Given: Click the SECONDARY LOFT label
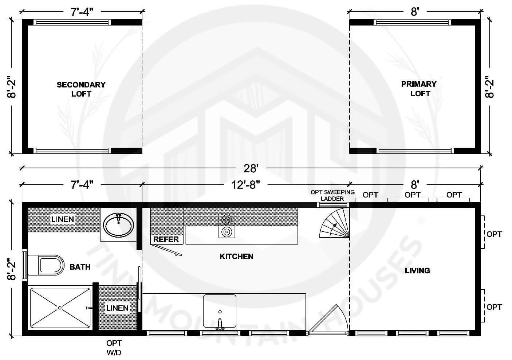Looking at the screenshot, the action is click(x=81, y=89).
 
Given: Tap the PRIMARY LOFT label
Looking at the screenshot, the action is click(x=419, y=89).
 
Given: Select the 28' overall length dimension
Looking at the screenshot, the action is click(x=251, y=169).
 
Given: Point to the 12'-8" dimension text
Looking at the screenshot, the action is click(x=246, y=185).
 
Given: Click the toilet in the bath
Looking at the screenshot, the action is click(x=46, y=265).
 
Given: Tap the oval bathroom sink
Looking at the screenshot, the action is click(x=118, y=226).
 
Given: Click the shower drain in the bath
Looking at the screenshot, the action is click(x=60, y=308).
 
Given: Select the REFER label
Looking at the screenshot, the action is click(x=166, y=239).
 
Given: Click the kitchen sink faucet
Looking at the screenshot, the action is click(x=220, y=324).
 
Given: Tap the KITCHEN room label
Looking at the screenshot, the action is click(x=236, y=257).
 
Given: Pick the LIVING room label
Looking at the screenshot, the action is click(x=417, y=271).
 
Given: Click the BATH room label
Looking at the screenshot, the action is click(x=80, y=267).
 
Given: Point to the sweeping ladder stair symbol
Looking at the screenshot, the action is click(x=334, y=223).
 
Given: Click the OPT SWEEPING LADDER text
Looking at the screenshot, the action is click(x=332, y=195).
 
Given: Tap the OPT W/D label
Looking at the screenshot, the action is click(x=114, y=348).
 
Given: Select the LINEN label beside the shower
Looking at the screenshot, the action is click(x=117, y=308).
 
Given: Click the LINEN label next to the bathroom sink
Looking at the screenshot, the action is click(x=62, y=219).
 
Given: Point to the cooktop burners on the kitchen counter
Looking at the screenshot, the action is click(x=227, y=226).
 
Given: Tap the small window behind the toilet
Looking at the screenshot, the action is click(x=25, y=265).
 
